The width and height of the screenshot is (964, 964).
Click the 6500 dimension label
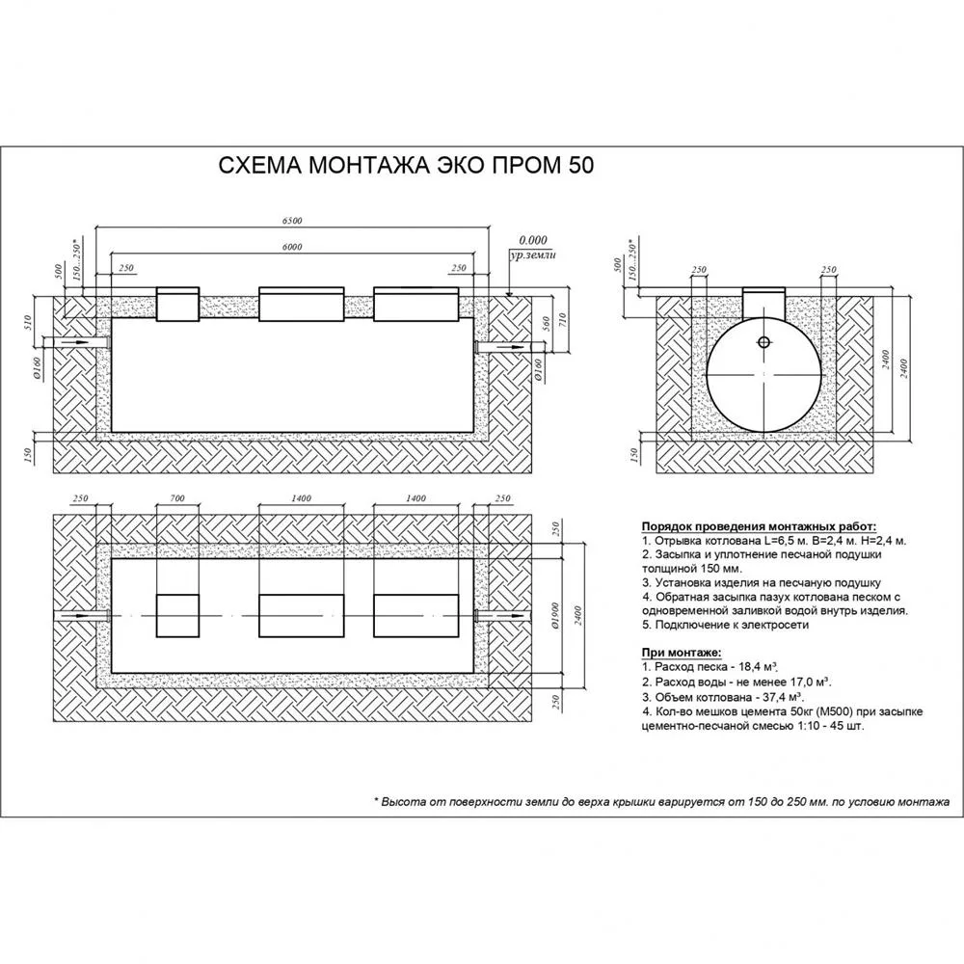tap(292, 221)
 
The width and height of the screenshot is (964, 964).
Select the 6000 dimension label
tap(292, 247)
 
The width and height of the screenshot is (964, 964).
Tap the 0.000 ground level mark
tap(532, 240)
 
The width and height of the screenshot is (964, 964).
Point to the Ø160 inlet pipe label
tap(37, 367)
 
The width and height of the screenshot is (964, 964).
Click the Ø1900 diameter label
tap(554, 616)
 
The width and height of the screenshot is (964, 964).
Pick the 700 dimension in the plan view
tap(177, 498)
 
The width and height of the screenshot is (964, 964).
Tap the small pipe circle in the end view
tap(763, 342)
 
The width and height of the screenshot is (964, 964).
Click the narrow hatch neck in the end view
tap(763, 302)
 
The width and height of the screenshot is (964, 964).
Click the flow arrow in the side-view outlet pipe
tap(510, 347)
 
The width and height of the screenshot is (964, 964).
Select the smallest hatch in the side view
tap(177, 304)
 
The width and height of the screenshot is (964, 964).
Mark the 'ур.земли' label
tap(532, 254)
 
